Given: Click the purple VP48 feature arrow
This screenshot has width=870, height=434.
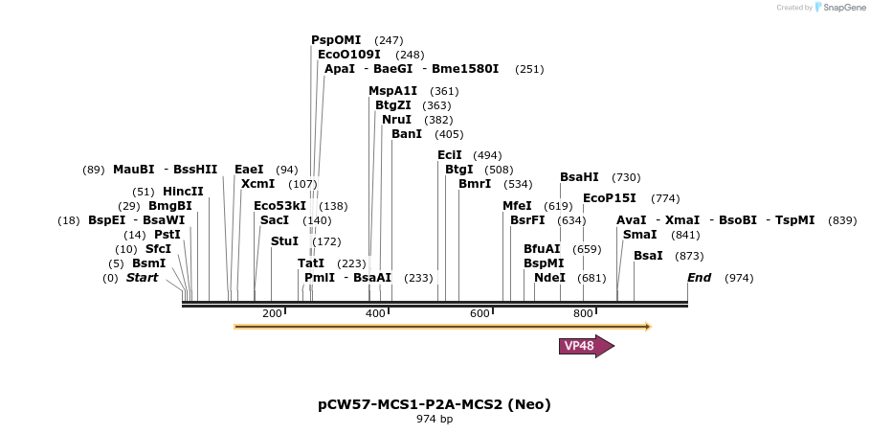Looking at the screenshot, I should pyautogui.click(x=585, y=346).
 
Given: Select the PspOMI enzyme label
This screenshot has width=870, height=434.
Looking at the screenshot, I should pyautogui.click(x=336, y=40).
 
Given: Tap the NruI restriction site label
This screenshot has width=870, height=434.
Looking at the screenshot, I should pyautogui.click(x=396, y=120).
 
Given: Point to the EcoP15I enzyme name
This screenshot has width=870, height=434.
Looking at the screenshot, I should pyautogui.click(x=609, y=198).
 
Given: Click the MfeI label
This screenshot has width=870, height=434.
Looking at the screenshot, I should pyautogui.click(x=517, y=206).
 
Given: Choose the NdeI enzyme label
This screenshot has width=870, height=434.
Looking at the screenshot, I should pyautogui.click(x=549, y=278).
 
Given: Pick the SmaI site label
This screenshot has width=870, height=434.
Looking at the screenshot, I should pyautogui.click(x=639, y=235).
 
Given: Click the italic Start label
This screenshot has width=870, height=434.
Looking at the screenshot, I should pyautogui.click(x=142, y=278).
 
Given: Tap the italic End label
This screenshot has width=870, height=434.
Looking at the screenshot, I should pyautogui.click(x=699, y=278).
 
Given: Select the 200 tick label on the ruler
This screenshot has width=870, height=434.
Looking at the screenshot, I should pyautogui.click(x=272, y=313).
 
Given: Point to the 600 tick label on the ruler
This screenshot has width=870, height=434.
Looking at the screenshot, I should pyautogui.click(x=480, y=313).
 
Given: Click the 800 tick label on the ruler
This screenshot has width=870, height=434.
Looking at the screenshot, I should pyautogui.click(x=583, y=313).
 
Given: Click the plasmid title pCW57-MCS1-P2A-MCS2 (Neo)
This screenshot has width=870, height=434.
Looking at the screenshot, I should pyautogui.click(x=435, y=404).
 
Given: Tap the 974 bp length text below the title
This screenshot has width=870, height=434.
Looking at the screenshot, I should pyautogui.click(x=435, y=420).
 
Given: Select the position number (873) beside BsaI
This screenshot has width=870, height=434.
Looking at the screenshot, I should pyautogui.click(x=689, y=256).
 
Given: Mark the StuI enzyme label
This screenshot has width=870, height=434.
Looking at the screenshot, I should pyautogui.click(x=284, y=241).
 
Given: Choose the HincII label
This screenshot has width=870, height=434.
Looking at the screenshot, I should pyautogui.click(x=183, y=192).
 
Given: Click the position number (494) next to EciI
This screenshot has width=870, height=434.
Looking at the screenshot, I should pyautogui.click(x=487, y=155).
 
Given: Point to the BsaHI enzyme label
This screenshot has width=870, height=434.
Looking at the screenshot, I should pyautogui.click(x=579, y=177).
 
